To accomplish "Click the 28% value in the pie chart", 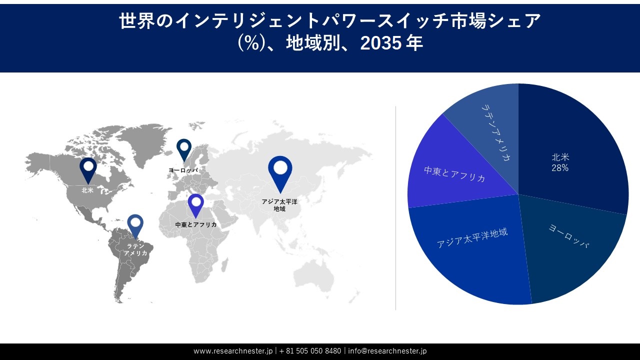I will (x=560, y=168).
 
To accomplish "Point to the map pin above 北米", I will (x=88, y=168).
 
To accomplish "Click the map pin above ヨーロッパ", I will (x=184, y=148).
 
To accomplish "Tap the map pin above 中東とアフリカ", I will (x=195, y=204).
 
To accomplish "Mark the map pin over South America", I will (x=135, y=224).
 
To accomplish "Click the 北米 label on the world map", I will (x=88, y=190).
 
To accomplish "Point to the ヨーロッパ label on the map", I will (x=183, y=170).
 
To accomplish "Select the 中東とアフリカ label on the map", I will (x=196, y=225).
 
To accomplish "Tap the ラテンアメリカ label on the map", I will (x=135, y=249).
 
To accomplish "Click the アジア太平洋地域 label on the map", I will (x=279, y=205).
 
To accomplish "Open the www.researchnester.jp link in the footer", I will (x=233, y=351).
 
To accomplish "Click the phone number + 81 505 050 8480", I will (x=310, y=351).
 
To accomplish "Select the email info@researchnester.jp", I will (x=387, y=351).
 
